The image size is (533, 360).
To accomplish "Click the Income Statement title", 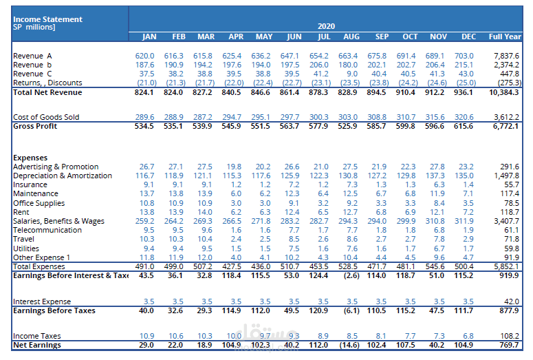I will [47, 19].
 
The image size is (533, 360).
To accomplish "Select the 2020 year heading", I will [326, 25].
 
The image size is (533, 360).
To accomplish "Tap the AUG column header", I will [351, 36].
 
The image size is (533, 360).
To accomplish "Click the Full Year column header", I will [504, 36].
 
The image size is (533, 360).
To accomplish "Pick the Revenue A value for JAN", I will [144, 56].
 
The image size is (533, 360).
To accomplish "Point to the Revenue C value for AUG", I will [352, 74].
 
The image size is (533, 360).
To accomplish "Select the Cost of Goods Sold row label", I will [46, 117].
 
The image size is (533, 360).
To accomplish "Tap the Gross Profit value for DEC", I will [464, 126].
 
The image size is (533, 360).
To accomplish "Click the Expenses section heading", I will [30, 158].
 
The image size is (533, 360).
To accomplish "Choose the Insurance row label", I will [30, 184].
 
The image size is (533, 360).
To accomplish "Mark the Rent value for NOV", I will [437, 211].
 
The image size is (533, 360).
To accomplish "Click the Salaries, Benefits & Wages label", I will [58, 220].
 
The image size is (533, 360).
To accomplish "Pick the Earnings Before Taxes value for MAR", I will [204, 310].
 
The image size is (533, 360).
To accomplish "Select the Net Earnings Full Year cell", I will [508, 344].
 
